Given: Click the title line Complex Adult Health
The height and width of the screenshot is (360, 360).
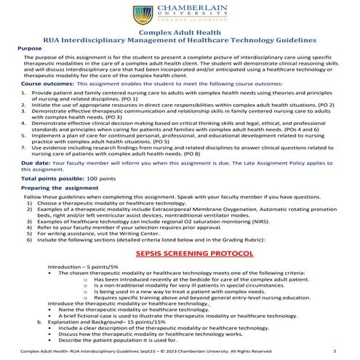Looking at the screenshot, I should point(180,33).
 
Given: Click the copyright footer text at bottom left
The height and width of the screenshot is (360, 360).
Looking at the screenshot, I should point(145,350).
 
